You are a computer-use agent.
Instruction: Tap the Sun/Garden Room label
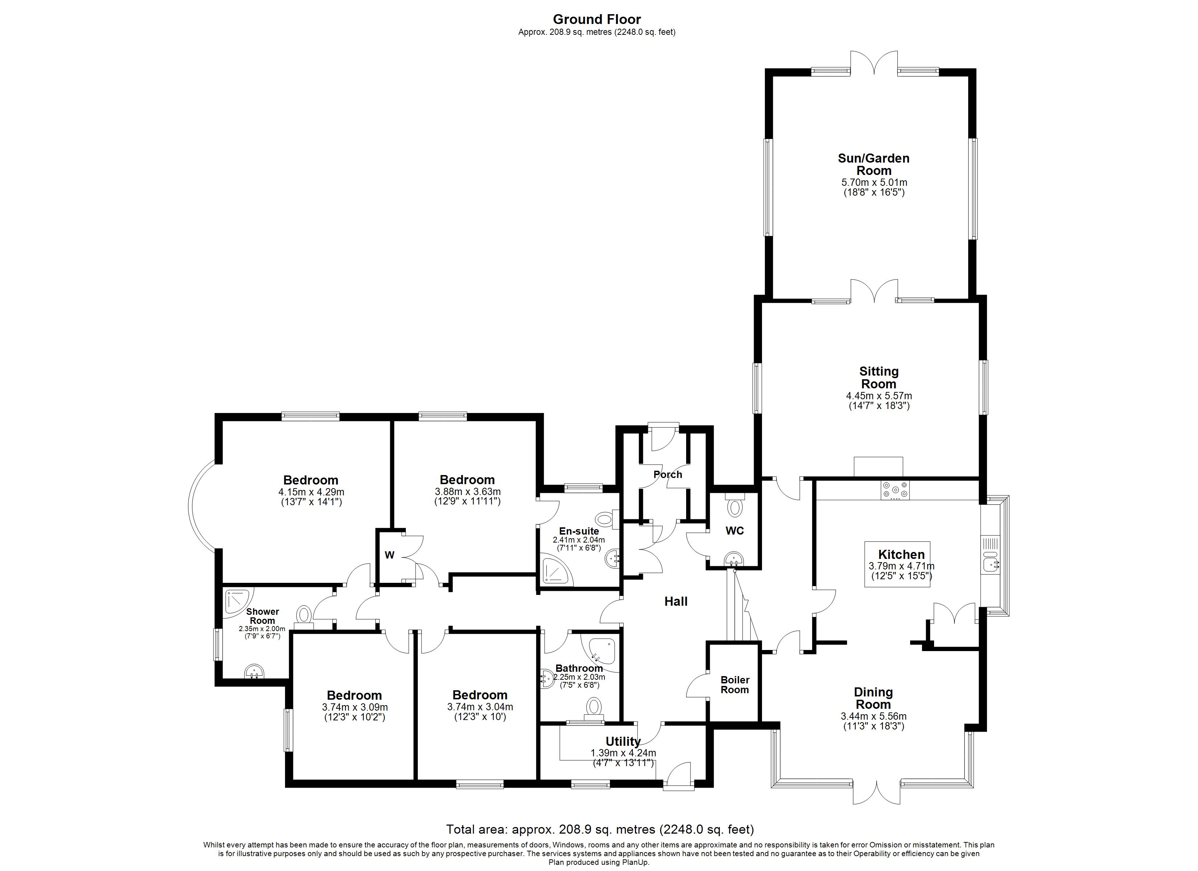[874, 164]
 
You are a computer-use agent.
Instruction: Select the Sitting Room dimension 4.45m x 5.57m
[879, 396]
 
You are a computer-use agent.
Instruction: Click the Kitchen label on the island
[901, 554]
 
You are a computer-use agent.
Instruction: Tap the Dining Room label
[873, 698]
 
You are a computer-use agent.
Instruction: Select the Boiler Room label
[735, 684]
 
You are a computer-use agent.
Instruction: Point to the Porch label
[668, 474]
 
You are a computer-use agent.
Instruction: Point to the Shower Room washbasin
[255, 672]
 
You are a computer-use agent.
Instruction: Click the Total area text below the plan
[599, 829]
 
